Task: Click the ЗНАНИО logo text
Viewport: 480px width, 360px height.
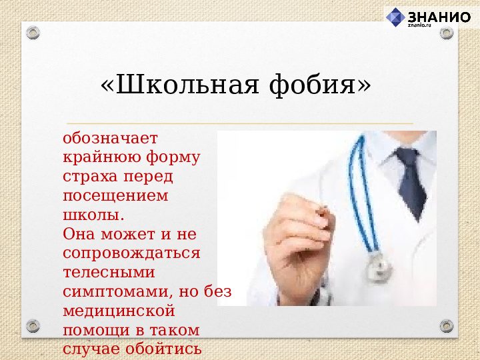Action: tap(439, 17)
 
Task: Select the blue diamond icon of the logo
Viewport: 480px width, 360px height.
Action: tap(396, 17)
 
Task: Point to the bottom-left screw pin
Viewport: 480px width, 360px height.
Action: tap(33, 327)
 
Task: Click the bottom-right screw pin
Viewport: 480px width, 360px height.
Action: tap(446, 326)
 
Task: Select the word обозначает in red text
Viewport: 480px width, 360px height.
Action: tap(110, 139)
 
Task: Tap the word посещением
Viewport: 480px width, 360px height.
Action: tap(115, 196)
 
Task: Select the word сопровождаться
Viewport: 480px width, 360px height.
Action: tap(131, 253)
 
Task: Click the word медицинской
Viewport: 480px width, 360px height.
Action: tap(119, 311)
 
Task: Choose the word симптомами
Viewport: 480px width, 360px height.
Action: tap(119, 291)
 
